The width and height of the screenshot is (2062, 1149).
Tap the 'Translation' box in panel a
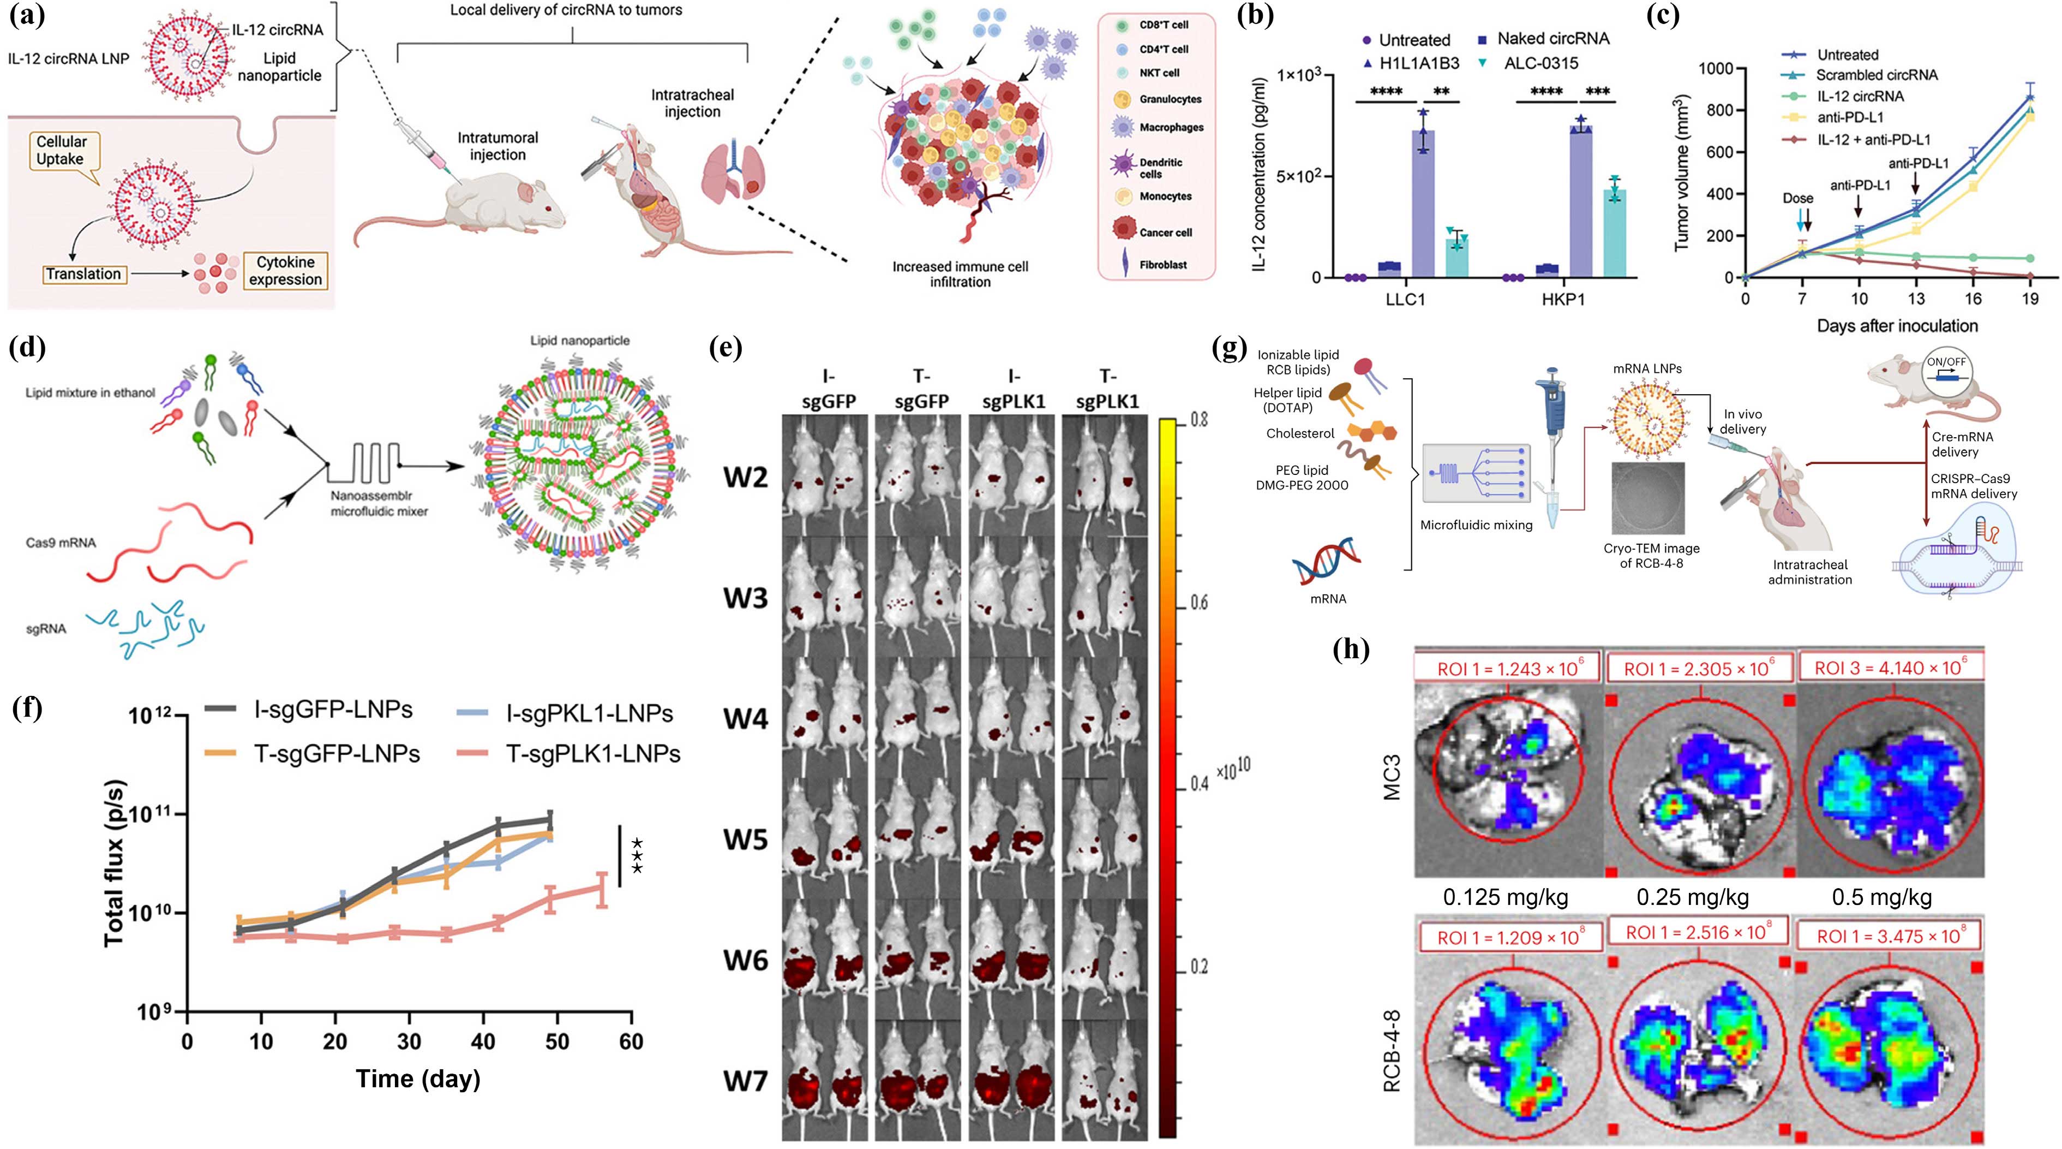coord(83,275)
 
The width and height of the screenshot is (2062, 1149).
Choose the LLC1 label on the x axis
coord(1406,300)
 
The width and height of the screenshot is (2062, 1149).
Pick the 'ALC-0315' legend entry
coord(1541,63)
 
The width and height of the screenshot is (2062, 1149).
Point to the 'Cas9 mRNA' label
coord(61,543)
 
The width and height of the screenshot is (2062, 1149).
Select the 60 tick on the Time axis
coord(631,1041)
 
